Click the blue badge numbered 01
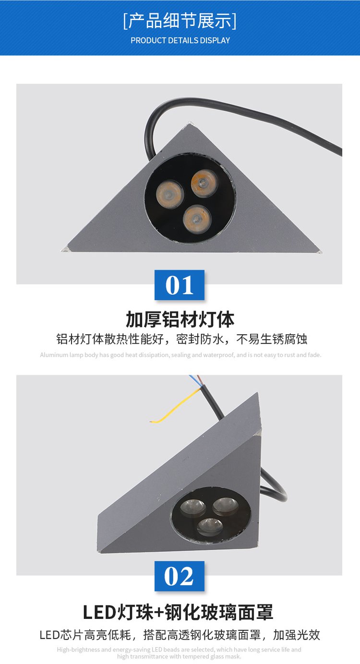click(180, 285)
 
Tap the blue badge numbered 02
click(180, 576)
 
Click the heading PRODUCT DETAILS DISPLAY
click(180, 40)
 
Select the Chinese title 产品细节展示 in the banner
click(180, 21)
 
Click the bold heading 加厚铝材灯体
click(180, 319)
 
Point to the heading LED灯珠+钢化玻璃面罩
click(178, 612)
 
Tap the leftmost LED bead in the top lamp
click(170, 194)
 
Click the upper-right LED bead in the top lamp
click(204, 183)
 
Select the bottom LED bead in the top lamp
click(197, 219)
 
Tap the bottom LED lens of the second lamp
click(210, 526)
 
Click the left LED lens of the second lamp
click(193, 507)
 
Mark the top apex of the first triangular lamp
click(190, 122)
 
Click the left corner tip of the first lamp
click(62, 251)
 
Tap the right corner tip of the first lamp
click(321, 252)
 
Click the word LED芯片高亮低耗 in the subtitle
click(85, 635)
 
